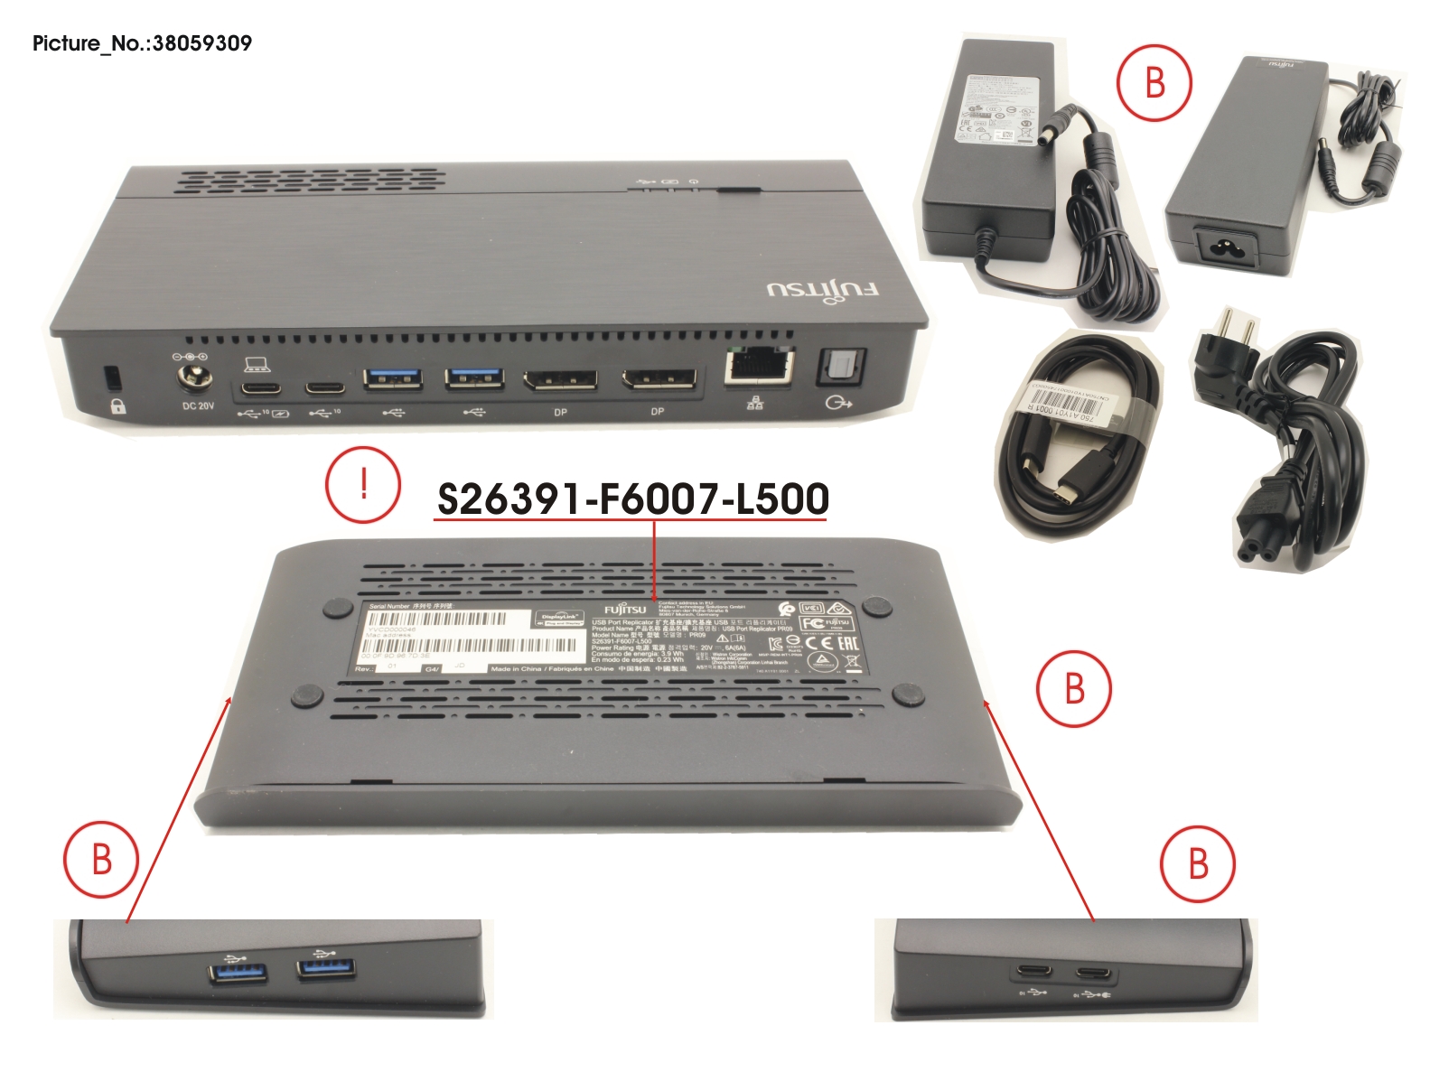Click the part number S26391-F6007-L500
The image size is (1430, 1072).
click(632, 499)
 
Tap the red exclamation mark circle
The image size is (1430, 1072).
click(363, 484)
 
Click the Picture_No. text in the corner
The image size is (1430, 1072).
click(142, 43)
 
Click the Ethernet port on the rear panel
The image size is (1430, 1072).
click(758, 366)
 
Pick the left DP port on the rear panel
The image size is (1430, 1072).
click(560, 379)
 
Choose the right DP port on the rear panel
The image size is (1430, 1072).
click(657, 379)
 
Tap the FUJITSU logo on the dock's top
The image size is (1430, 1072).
click(822, 291)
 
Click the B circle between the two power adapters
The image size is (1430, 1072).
click(1154, 83)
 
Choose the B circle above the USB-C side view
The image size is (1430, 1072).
click(1198, 863)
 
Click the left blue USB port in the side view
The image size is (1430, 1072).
click(239, 972)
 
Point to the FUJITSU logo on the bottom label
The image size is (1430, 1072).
click(626, 610)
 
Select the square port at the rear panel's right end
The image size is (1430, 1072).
click(841, 368)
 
